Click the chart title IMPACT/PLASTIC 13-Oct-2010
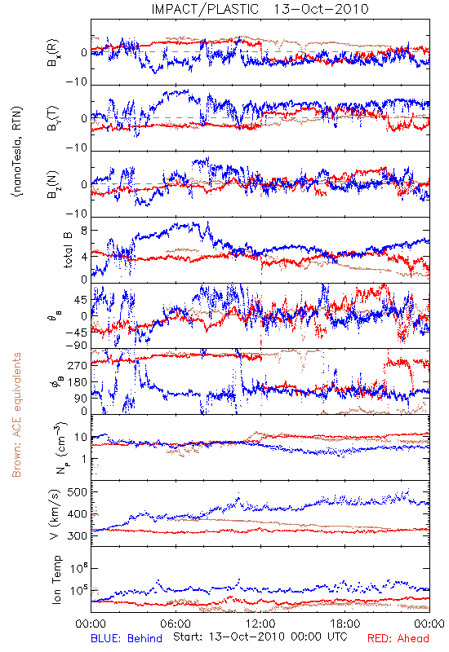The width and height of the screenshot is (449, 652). click(x=260, y=9)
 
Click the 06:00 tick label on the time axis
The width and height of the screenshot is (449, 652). click(x=176, y=624)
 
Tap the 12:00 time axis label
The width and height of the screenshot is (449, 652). click(x=260, y=624)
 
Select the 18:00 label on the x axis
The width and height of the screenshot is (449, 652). click(x=345, y=624)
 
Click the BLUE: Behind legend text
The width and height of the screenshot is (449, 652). click(x=127, y=639)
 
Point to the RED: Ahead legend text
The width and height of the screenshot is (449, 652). click(x=398, y=639)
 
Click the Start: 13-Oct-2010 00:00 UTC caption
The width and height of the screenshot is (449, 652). click(x=260, y=637)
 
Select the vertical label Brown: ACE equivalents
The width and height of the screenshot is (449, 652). click(x=16, y=415)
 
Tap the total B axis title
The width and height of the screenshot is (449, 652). click(x=68, y=250)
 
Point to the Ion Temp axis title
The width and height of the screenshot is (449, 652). click(x=56, y=579)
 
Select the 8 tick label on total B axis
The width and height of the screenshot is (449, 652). click(x=84, y=231)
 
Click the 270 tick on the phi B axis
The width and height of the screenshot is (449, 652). click(x=77, y=365)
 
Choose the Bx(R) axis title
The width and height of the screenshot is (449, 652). click(x=53, y=53)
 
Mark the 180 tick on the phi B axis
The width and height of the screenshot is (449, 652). click(x=77, y=382)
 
